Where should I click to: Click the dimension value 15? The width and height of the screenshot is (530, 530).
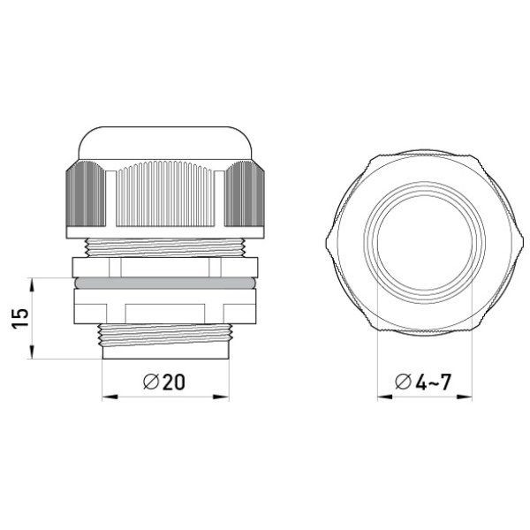(20, 318)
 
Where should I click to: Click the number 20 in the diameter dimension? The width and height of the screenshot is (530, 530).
(174, 382)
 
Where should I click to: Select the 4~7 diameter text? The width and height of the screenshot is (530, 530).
(434, 382)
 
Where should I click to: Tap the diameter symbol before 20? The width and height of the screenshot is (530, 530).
(151, 382)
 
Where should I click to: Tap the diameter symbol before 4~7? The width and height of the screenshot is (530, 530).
(404, 382)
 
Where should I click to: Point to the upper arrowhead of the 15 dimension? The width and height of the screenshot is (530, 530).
(32, 285)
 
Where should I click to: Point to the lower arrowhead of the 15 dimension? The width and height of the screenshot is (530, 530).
(32, 352)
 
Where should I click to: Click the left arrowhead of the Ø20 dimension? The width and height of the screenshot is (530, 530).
(110, 397)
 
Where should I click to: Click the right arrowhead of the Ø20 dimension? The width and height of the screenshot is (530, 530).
(222, 397)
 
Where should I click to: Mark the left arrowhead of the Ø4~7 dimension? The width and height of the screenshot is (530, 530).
(385, 397)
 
